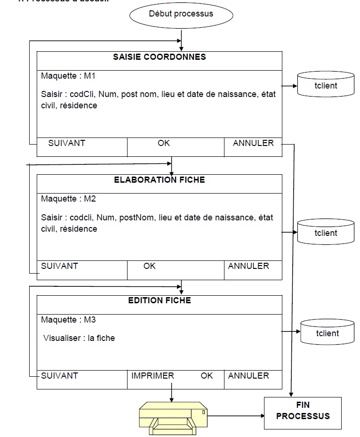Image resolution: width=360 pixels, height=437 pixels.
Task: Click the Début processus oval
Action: pos(181,14)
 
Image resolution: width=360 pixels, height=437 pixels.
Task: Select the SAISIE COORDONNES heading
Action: pos(160,57)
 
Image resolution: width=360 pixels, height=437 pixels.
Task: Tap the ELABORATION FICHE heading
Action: pos(160,180)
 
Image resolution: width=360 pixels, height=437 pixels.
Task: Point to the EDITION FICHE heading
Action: pos(160,300)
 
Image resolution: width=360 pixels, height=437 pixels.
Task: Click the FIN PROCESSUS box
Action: pos(303,411)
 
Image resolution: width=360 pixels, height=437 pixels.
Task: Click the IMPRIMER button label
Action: pos(152,376)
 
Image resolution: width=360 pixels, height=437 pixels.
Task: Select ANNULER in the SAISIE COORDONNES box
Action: pos(253,143)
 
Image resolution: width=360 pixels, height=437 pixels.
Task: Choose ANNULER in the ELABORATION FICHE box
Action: pos(248,266)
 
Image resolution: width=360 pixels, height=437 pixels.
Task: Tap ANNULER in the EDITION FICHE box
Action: pos(248,376)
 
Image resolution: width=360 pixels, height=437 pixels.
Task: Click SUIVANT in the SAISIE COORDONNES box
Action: pos(66,143)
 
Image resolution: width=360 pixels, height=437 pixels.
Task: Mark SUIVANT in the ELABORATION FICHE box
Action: pos(59,266)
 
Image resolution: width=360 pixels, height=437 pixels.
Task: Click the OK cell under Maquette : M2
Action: pos(150,266)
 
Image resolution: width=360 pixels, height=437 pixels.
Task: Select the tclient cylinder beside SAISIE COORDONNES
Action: pos(326,86)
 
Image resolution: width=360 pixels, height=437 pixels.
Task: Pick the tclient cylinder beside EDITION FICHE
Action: pos(327,333)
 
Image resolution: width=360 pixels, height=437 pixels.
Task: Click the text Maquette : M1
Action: pos(68,76)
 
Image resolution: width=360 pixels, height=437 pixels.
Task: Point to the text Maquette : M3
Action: pos(68,320)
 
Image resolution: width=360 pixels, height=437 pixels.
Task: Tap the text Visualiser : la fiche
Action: pos(79,338)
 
